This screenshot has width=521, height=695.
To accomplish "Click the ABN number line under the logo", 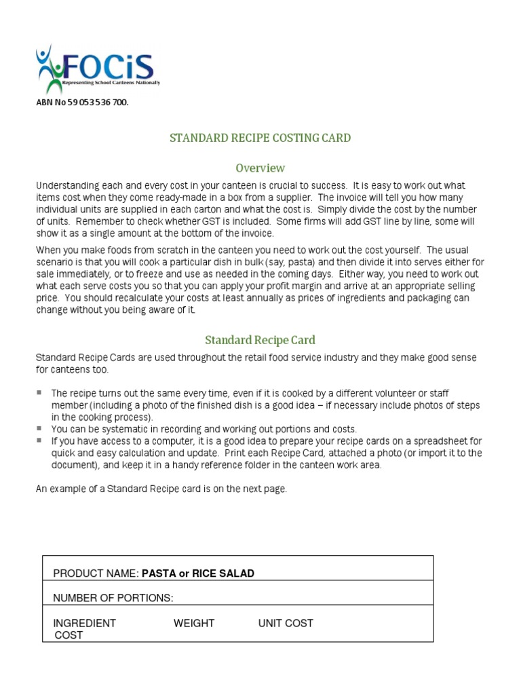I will [81, 102].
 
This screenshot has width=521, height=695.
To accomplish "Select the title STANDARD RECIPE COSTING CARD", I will [260, 138].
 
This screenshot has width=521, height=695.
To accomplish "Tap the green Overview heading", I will [260, 168].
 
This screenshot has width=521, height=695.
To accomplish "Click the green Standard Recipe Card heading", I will [260, 340].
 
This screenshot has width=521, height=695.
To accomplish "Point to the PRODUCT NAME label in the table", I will [96, 574].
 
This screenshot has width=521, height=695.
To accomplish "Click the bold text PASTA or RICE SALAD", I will [197, 574].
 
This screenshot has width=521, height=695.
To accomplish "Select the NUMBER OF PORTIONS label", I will [113, 598].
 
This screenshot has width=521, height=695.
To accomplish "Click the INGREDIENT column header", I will [84, 623].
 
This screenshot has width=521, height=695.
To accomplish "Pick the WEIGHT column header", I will [193, 623].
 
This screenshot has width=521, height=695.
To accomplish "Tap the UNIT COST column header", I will [286, 623].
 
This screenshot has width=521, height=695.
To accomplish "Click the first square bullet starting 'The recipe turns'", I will [39, 393].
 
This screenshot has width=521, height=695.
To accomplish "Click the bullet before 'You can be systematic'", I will [39, 429].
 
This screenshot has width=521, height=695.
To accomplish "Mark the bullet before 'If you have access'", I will [39, 440].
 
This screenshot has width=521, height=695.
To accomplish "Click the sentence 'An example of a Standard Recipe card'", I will [161, 489].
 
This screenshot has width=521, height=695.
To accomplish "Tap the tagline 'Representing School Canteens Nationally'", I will [111, 83].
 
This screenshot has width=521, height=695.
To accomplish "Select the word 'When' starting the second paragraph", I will [47, 250].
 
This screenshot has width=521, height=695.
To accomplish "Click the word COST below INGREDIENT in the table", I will [68, 635].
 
